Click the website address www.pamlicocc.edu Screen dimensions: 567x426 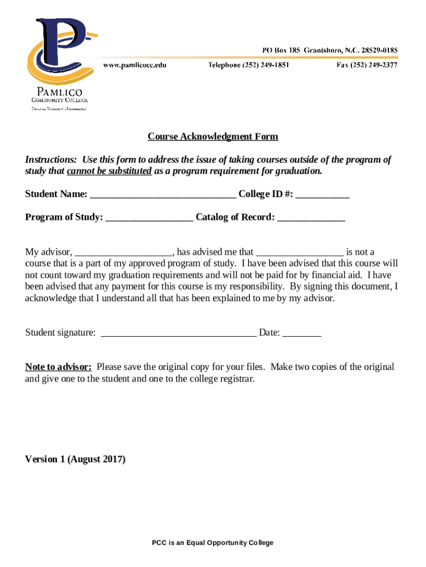pos(134,65)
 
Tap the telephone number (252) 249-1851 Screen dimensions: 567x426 pos(248,65)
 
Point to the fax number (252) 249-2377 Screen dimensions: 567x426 pos(367,65)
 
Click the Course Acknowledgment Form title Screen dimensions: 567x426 pos(212,137)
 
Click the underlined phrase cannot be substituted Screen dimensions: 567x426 pos(109,171)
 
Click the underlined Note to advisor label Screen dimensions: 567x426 pos(58,367)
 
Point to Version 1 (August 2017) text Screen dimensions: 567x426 pos(75,459)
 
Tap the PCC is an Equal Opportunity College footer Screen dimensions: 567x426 pos(212,543)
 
